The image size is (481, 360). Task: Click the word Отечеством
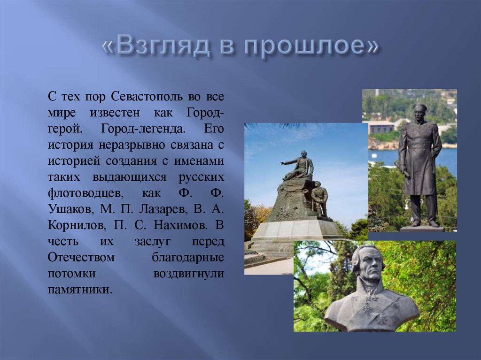click(x=81, y=256)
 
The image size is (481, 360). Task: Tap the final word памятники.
click(x=80, y=288)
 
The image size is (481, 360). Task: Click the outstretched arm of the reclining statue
click(x=288, y=163)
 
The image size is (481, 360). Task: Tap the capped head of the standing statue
click(x=419, y=111)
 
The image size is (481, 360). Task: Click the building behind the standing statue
click(x=380, y=127)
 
